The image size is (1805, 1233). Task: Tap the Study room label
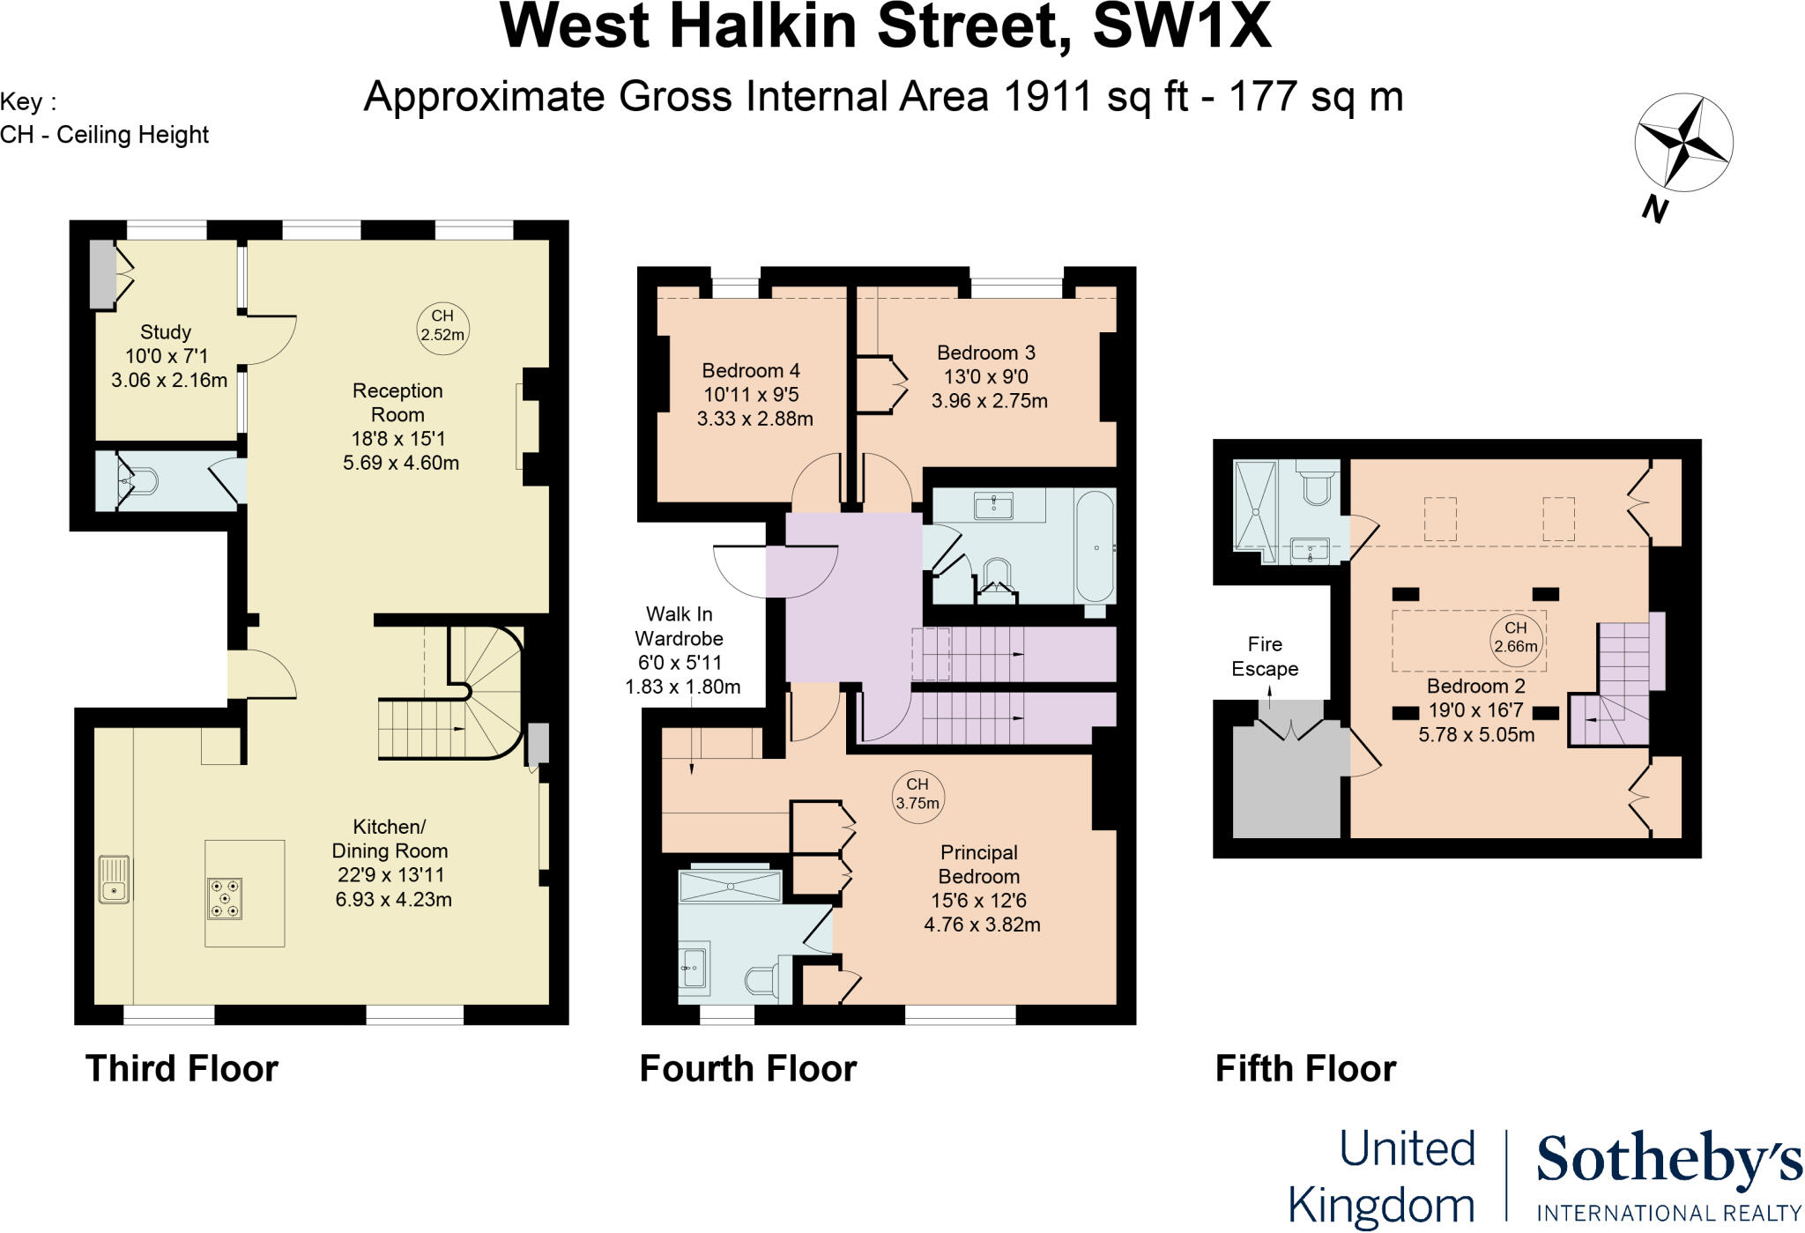[x=166, y=332]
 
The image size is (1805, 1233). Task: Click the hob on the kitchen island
[x=224, y=898]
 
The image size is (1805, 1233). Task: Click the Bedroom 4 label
[x=751, y=371]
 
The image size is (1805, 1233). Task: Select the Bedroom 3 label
[x=985, y=353]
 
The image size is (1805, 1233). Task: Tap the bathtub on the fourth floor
[x=1095, y=547]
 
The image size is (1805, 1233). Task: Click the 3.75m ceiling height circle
[x=917, y=794]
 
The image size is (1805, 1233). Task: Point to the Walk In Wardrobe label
[x=680, y=627]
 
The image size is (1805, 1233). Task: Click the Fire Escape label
[x=1265, y=657]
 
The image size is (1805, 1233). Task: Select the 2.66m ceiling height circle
[x=1515, y=637]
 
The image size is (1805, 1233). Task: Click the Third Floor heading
[x=182, y=1069]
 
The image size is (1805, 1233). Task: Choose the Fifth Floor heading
[x=1305, y=1069]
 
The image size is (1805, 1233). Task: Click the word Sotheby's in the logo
[x=1668, y=1162]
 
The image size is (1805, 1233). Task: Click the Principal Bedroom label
[x=978, y=865]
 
